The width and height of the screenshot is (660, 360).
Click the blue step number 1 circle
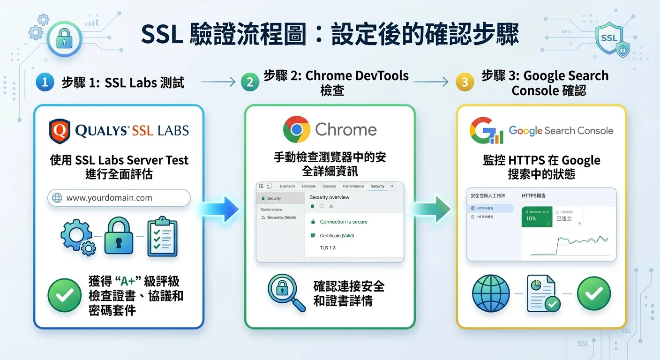45,82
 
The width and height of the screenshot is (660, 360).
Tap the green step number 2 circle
250,82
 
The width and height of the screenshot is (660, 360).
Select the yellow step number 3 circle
465,82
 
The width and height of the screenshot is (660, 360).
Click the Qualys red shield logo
60,131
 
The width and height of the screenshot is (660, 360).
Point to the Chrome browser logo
297,129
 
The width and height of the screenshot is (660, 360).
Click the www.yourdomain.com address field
119,198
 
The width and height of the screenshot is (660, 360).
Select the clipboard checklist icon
162,237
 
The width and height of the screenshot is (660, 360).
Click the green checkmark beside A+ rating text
65,295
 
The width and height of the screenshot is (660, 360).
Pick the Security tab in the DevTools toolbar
377,186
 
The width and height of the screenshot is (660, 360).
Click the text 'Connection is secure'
344,222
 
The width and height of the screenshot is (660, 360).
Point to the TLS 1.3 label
328,247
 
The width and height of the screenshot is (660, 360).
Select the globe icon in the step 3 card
491,294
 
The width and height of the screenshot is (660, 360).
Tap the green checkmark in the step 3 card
594,294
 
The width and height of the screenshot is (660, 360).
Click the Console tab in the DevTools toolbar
308,186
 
